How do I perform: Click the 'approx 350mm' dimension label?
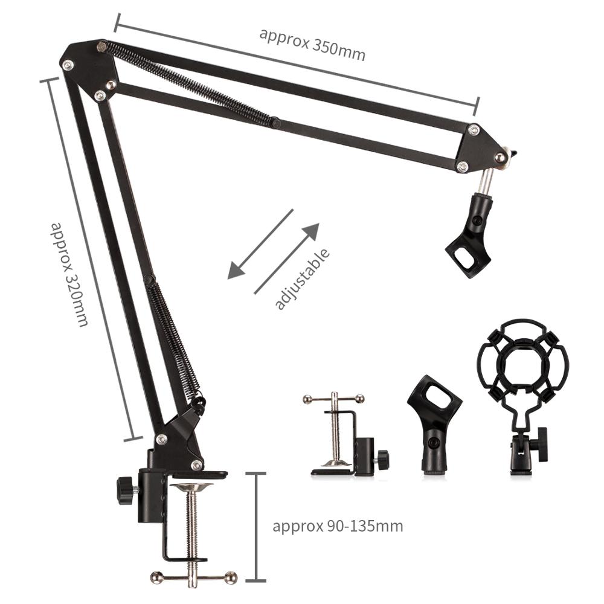(312, 43)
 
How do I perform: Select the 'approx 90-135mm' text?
(338, 525)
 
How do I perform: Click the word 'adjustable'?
(302, 279)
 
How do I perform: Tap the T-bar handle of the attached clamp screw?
(194, 576)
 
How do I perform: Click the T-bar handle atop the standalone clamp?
(334, 398)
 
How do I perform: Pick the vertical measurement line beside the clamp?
(257, 527)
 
